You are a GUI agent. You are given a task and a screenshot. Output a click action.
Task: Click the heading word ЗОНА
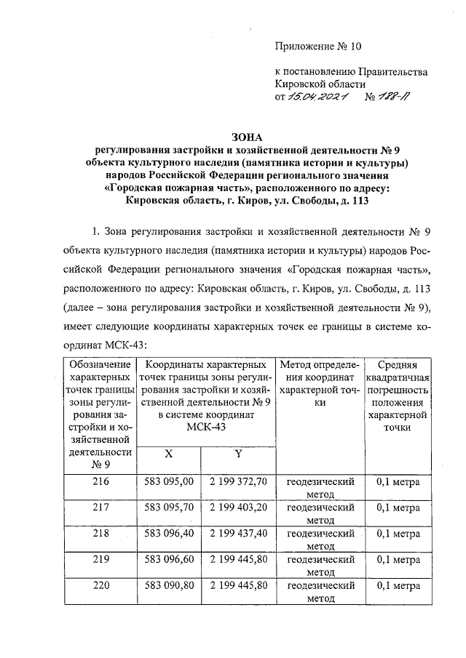pos(245,135)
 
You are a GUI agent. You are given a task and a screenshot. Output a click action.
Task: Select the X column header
pos(168,453)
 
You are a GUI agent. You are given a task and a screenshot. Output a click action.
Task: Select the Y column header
pos(237,453)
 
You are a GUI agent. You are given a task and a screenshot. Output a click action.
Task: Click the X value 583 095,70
pos(169,507)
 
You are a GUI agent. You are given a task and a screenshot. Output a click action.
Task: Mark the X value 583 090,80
pos(169,584)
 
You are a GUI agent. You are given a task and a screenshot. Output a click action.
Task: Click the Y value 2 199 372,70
pos(239,481)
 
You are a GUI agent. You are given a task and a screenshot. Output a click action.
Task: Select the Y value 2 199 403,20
pos(239,507)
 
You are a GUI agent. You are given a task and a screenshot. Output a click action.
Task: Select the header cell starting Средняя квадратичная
pos(398,396)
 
